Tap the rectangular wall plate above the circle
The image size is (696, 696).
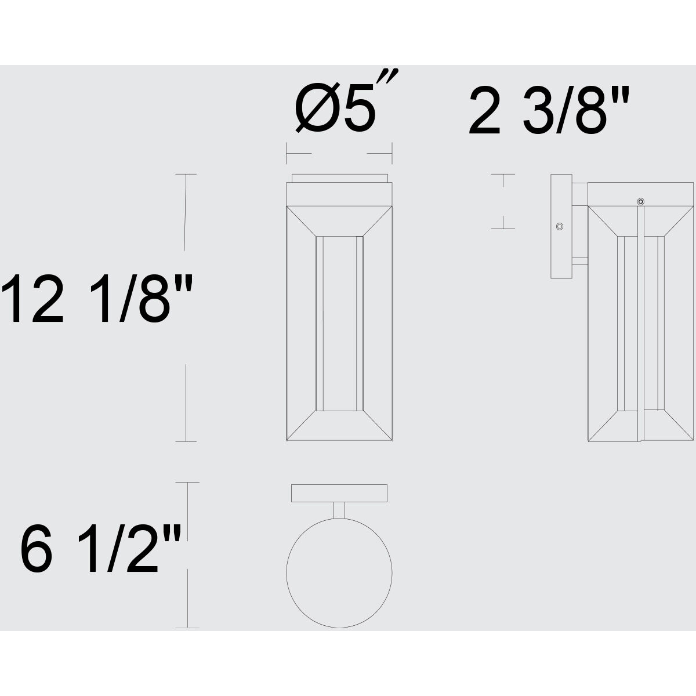point(339,493)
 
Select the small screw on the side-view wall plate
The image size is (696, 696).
point(560,226)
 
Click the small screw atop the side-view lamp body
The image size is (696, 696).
point(640,201)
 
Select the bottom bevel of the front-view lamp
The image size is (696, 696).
point(339,426)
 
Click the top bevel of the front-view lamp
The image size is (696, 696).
point(339,220)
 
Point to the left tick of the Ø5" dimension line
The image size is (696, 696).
point(287,154)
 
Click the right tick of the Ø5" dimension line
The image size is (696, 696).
point(393,154)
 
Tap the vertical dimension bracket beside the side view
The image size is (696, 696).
point(503,201)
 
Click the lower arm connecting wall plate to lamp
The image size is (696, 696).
point(580,262)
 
